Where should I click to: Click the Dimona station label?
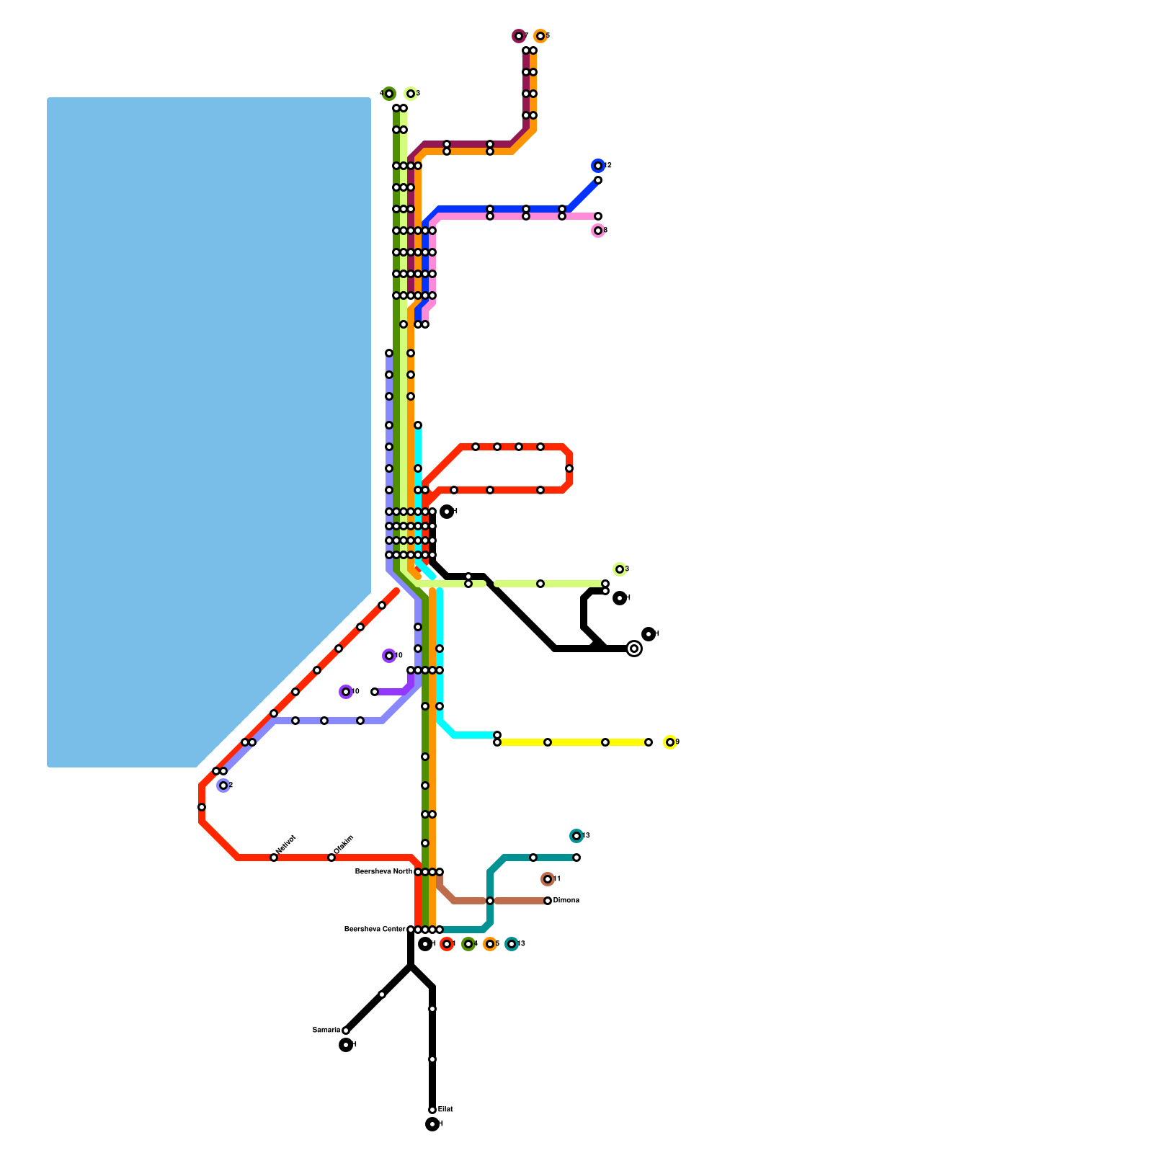(x=566, y=901)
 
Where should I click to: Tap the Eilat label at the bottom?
(x=445, y=1110)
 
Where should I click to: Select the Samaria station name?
(x=326, y=1030)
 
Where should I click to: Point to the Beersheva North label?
(x=384, y=872)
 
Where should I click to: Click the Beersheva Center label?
(x=375, y=930)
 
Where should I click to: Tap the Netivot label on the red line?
(x=286, y=845)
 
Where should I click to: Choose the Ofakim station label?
(x=344, y=845)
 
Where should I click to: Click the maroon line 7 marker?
(x=518, y=36)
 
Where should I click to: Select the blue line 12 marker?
(x=597, y=166)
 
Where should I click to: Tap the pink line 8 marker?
(x=597, y=231)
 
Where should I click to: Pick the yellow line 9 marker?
(x=669, y=742)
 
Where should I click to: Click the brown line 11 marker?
(x=548, y=879)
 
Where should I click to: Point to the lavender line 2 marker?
(x=223, y=785)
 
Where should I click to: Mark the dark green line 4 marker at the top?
(x=389, y=94)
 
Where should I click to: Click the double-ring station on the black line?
(x=634, y=649)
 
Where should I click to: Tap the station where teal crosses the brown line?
(x=490, y=901)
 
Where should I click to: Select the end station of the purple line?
(x=375, y=692)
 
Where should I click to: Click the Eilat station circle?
(x=432, y=1110)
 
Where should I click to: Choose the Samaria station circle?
(x=346, y=1030)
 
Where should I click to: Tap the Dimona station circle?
(x=548, y=901)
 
